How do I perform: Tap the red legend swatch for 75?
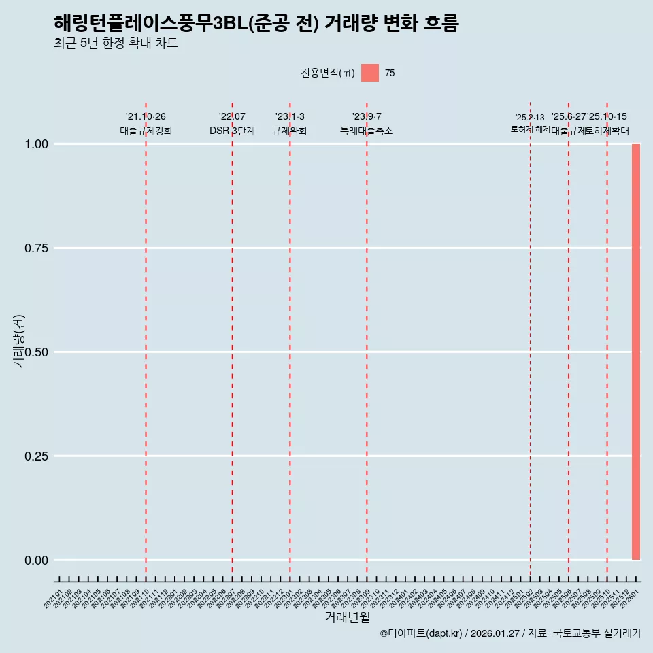click(370, 73)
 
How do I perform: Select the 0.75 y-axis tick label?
click(35, 248)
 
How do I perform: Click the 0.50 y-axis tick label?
click(35, 352)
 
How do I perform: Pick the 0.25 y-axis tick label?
click(35, 456)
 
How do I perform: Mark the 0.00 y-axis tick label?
click(35, 560)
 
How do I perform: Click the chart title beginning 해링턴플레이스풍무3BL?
click(256, 24)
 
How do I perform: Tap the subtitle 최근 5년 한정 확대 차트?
click(116, 44)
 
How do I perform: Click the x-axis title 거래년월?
click(347, 618)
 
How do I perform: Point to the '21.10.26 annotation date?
click(146, 117)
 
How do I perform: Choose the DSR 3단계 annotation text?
click(232, 131)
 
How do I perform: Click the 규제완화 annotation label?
click(290, 131)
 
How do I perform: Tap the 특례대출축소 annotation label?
click(367, 131)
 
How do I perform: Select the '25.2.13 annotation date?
click(530, 118)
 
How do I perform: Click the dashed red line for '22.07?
click(232, 340)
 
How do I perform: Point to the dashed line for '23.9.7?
click(367, 340)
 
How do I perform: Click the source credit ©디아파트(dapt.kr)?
click(422, 633)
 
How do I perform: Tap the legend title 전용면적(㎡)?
click(327, 73)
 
